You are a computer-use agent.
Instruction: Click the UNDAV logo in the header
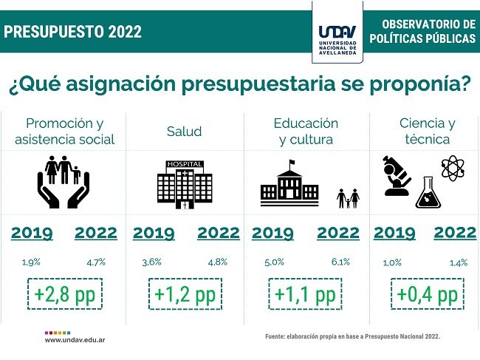(x=337, y=40)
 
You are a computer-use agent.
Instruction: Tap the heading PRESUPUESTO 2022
(x=73, y=32)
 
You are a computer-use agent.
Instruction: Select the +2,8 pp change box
(x=65, y=293)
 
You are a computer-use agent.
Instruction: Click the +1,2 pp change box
(x=185, y=293)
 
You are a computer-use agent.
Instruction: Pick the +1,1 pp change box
(x=305, y=293)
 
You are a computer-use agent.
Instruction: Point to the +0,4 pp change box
(x=428, y=293)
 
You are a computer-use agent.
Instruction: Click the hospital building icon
(x=185, y=185)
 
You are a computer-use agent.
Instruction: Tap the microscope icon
(x=397, y=176)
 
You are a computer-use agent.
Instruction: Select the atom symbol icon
(x=453, y=168)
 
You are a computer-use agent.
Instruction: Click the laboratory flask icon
(x=428, y=192)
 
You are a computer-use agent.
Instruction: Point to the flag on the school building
(x=292, y=162)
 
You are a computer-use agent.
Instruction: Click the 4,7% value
(x=96, y=262)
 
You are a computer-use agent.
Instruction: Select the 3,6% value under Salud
(x=151, y=262)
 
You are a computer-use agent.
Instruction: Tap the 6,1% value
(x=340, y=262)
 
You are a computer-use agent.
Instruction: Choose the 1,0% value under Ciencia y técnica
(x=392, y=262)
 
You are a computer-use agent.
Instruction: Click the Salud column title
(x=185, y=132)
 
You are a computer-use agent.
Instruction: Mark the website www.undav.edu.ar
(x=75, y=340)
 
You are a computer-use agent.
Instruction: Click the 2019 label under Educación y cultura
(x=272, y=233)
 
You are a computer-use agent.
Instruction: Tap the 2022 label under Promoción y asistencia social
(x=96, y=233)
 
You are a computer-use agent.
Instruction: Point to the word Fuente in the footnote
(x=275, y=336)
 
